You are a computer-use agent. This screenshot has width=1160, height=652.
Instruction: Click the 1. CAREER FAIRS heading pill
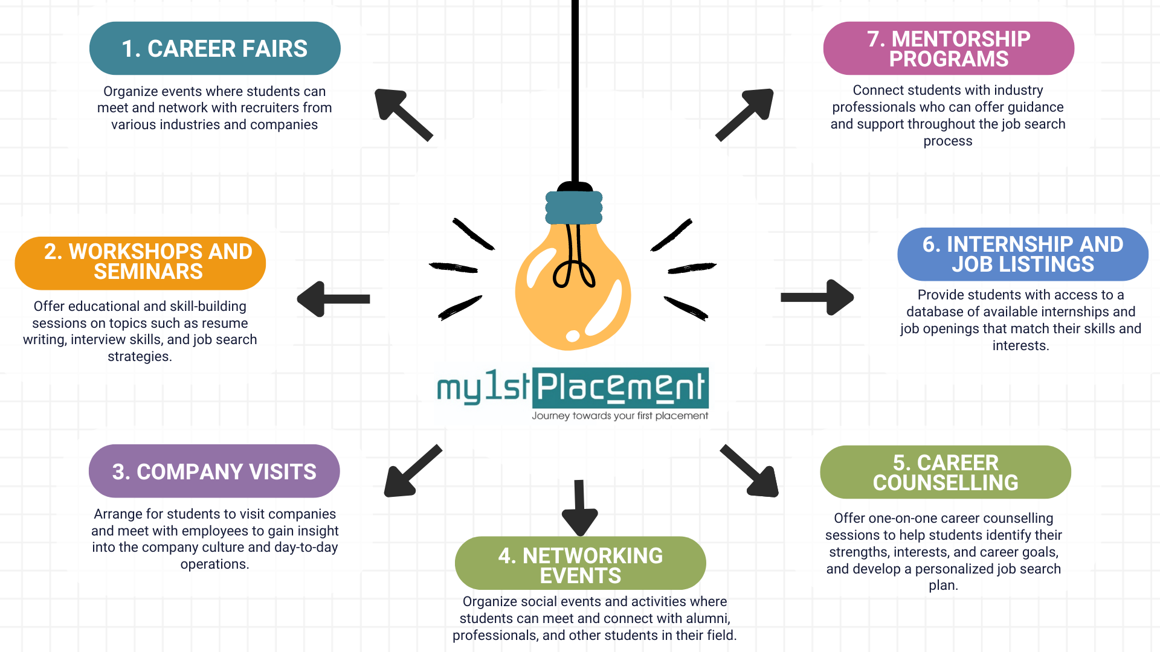[214, 48]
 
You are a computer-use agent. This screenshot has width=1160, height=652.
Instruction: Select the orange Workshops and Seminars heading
[140, 263]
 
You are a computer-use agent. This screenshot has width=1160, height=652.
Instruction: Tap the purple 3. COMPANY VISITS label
[214, 471]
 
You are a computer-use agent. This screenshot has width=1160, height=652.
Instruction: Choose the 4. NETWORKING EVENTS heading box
[580, 563]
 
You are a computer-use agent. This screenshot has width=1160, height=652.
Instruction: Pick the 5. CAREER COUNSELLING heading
[945, 472]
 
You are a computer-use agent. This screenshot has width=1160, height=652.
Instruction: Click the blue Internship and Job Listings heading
[1022, 254]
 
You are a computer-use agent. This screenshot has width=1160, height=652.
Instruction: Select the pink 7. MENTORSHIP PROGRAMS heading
[948, 48]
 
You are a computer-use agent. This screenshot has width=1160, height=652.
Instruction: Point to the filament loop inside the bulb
[574, 275]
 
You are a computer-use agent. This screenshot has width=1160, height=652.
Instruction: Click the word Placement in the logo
[620, 388]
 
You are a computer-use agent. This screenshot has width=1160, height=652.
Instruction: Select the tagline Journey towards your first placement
[620, 416]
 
